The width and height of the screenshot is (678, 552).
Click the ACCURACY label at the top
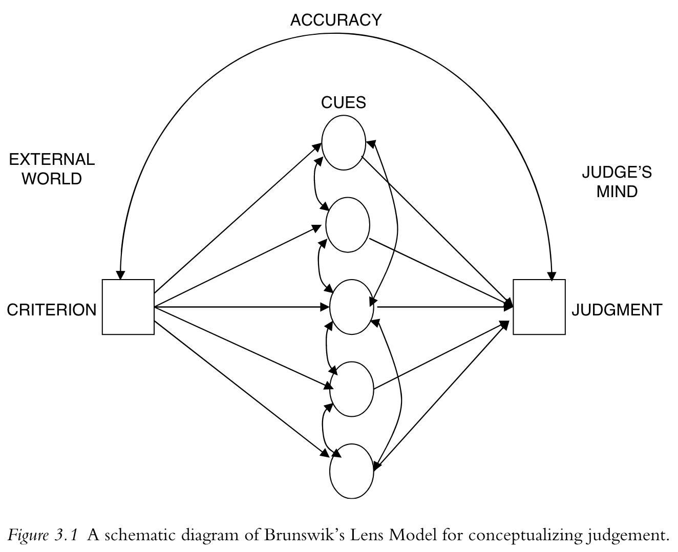pyautogui.click(x=335, y=20)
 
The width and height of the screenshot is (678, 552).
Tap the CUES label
pyautogui.click(x=343, y=102)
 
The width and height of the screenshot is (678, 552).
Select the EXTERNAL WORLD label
pyautogui.click(x=52, y=169)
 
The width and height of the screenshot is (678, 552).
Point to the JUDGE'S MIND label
pyautogui.click(x=617, y=182)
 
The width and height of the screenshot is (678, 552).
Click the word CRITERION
pyautogui.click(x=51, y=310)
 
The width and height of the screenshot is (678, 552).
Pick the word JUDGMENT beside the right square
pyautogui.click(x=617, y=310)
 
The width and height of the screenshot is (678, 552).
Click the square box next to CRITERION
pyautogui.click(x=128, y=307)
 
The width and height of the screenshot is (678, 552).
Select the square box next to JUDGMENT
pyautogui.click(x=539, y=307)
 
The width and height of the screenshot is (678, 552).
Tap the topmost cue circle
pyautogui.click(x=343, y=142)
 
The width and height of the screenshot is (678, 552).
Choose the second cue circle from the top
pyautogui.click(x=348, y=225)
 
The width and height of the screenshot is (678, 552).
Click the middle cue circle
pyautogui.click(x=352, y=307)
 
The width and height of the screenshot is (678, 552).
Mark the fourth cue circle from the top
pyautogui.click(x=352, y=389)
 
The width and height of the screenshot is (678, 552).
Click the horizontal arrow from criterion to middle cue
pyautogui.click(x=241, y=307)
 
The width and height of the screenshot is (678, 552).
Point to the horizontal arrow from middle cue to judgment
pyautogui.click(x=443, y=307)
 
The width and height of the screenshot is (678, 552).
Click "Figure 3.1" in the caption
pyautogui.click(x=43, y=536)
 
